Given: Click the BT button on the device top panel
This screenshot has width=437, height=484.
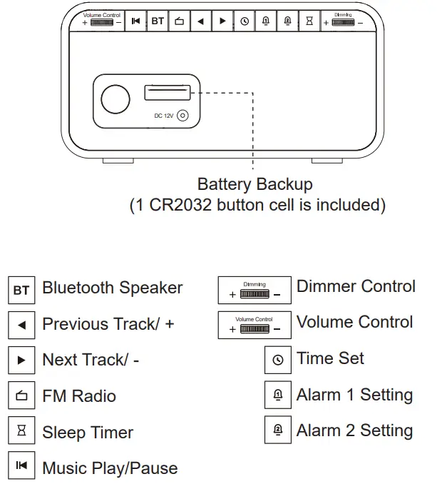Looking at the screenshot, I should point(157,21).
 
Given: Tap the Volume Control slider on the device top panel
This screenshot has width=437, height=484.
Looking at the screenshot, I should point(102,22).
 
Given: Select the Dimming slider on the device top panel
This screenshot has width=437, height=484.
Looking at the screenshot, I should point(343,22).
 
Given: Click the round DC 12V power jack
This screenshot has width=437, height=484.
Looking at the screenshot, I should point(183,115).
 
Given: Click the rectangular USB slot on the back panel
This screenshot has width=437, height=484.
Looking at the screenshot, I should point(168,93).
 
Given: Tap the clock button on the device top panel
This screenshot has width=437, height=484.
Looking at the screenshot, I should point(245,21).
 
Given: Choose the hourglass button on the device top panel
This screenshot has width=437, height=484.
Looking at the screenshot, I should point(309,21).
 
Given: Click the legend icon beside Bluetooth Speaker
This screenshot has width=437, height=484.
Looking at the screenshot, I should point(21,290).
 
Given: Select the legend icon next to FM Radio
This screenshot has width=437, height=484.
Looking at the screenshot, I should point(21,396).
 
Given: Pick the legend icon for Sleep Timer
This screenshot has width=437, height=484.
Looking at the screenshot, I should point(21,432).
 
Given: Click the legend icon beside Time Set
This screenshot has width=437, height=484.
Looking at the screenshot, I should point(278,360).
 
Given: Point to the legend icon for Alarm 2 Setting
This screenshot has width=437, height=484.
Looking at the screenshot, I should point(278,430).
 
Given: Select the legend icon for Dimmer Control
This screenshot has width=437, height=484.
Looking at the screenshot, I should point(255,290).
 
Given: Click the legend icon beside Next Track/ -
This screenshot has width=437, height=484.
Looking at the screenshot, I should point(21,361).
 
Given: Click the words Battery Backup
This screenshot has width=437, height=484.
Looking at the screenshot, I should point(255,184).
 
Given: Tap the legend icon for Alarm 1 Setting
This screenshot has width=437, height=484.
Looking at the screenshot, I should point(278,395).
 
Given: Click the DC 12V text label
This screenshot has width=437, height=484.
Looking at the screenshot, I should point(164,116).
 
